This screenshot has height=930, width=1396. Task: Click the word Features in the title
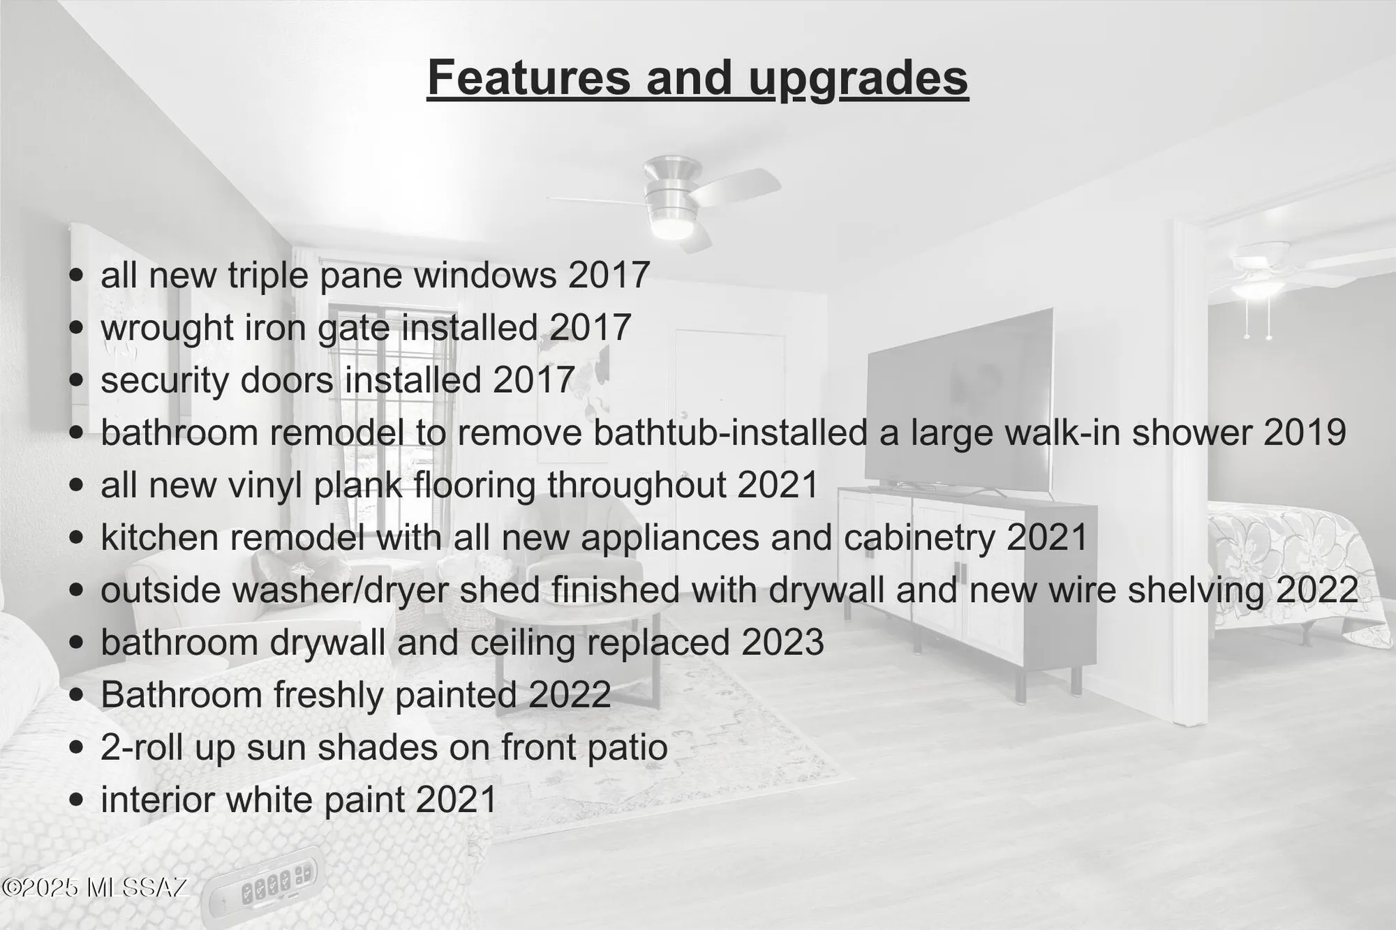[x=528, y=77]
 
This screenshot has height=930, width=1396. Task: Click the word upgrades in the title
[x=859, y=79]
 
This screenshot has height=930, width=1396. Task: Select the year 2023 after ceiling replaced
[x=782, y=643]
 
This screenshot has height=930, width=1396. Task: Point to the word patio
[x=633, y=747]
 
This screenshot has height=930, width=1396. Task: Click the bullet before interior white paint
[x=77, y=800]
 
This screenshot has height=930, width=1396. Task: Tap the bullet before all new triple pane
[x=77, y=275]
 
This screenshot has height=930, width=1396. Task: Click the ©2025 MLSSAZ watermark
[x=95, y=887]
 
